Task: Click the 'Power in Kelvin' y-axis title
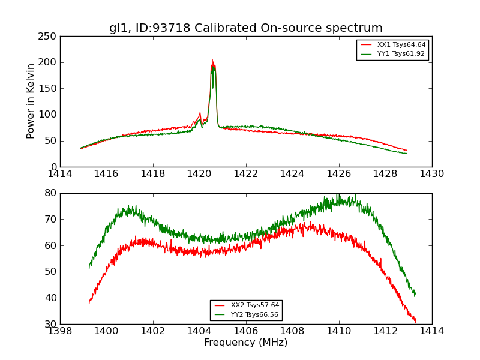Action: coord(31,101)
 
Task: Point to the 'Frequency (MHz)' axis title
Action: coord(245,343)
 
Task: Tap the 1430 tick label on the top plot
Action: coord(431,174)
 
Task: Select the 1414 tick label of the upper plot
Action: coord(60,174)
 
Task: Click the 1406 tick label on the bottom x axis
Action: coord(245,331)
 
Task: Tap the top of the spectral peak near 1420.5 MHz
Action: coord(212,61)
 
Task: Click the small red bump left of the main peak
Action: coord(200,113)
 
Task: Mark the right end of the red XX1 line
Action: coord(407,150)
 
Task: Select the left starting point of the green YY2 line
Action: coord(89,268)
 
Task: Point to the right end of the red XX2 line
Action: coord(415,323)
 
